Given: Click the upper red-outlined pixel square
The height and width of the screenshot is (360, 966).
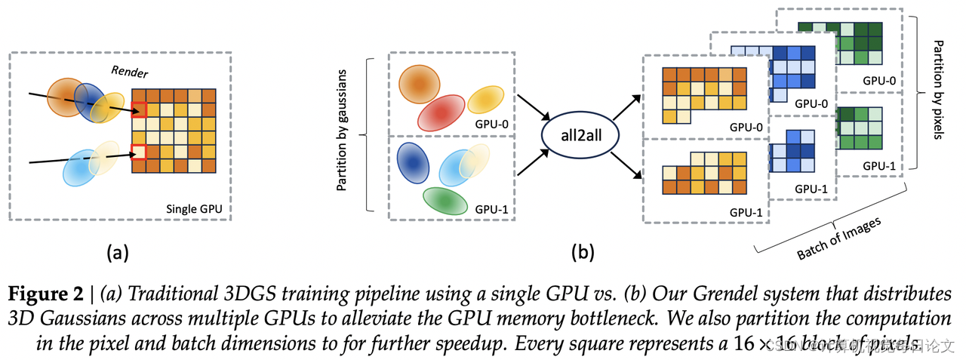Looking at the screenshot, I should click(x=139, y=109).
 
